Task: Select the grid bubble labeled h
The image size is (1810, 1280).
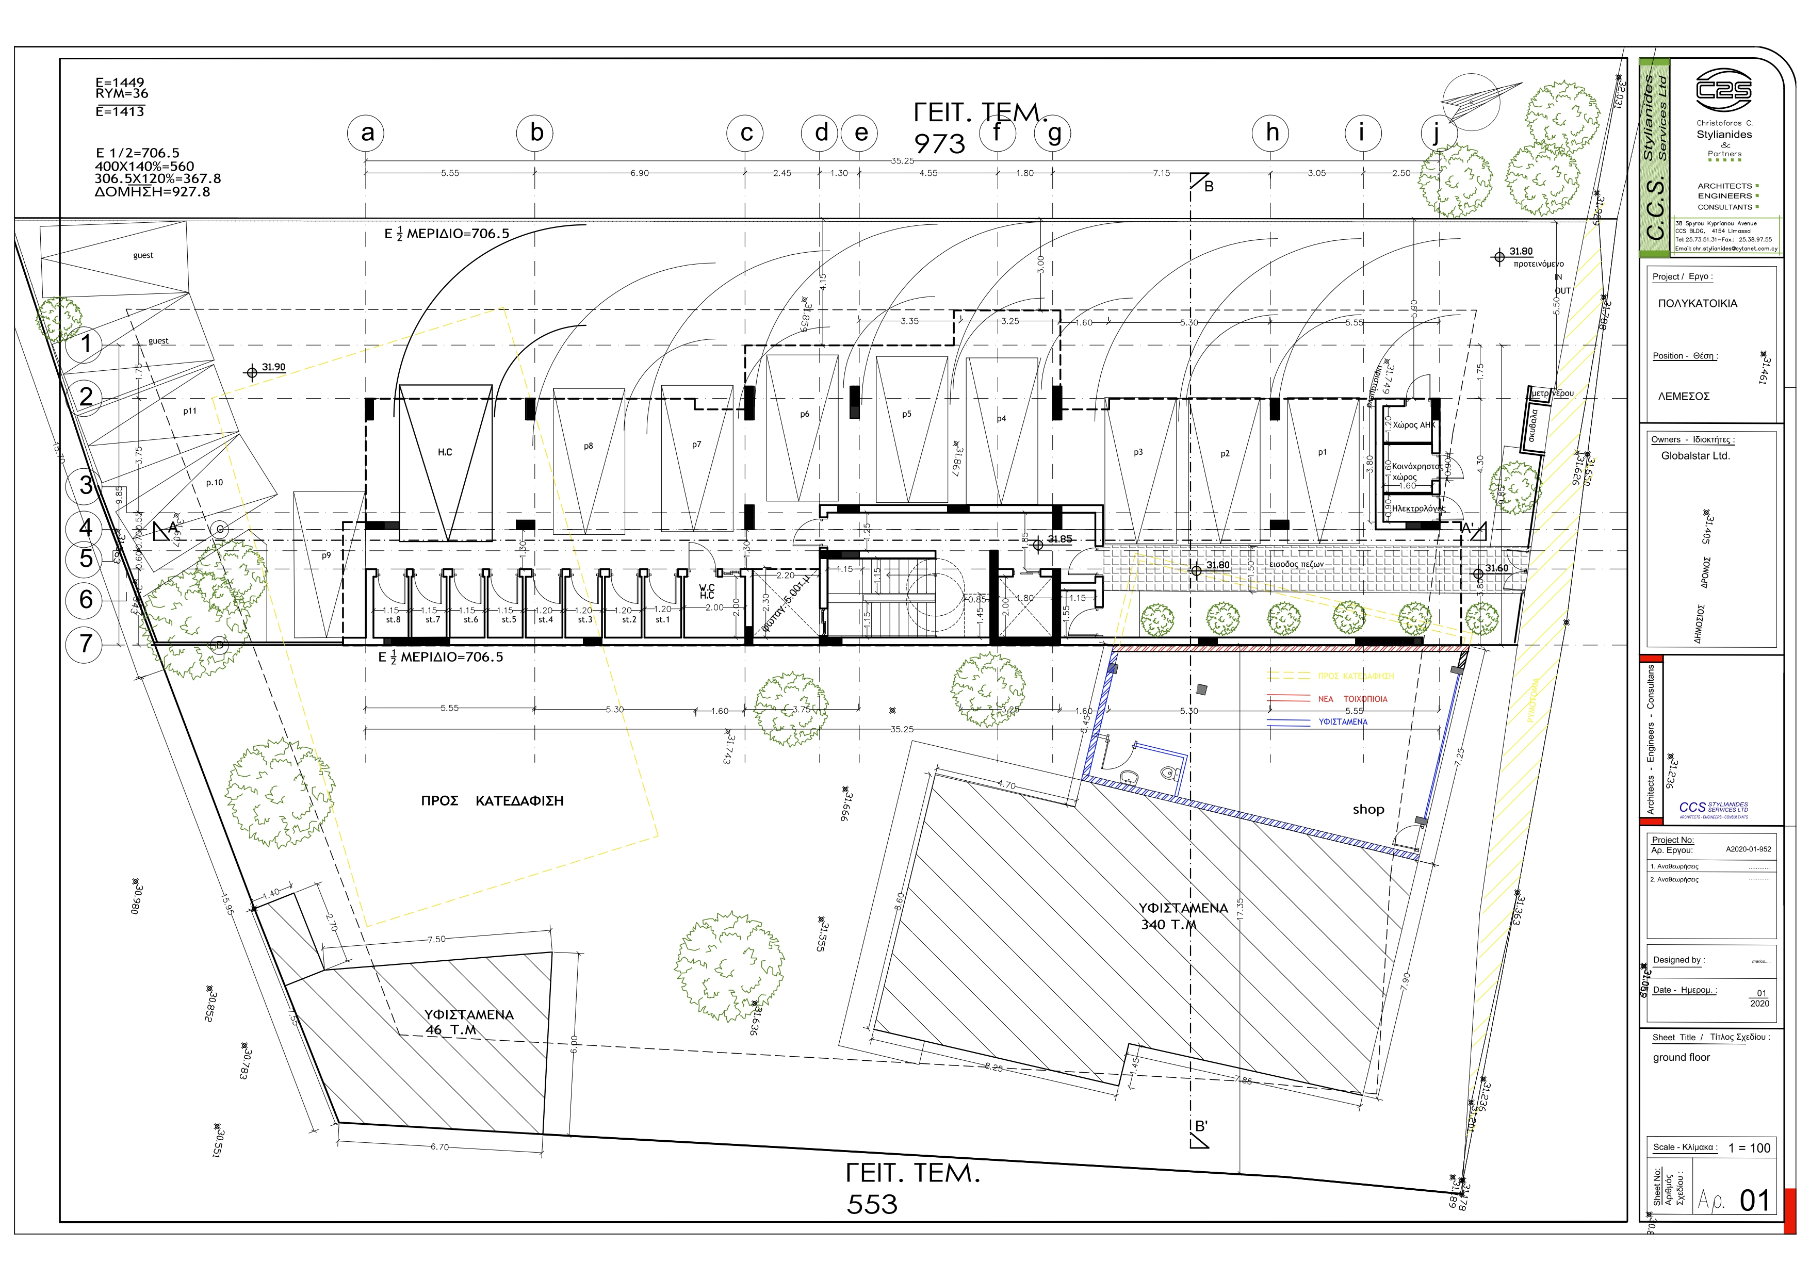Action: [1271, 133]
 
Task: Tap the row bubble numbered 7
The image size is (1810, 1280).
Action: [85, 644]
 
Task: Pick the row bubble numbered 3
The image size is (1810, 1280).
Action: [85, 485]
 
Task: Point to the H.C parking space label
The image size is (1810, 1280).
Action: [445, 452]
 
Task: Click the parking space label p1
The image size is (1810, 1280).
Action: [1322, 452]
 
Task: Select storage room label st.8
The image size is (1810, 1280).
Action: [393, 619]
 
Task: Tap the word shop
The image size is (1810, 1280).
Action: [1368, 810]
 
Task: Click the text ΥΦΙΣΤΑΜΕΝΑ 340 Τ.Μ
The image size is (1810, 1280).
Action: [1182, 916]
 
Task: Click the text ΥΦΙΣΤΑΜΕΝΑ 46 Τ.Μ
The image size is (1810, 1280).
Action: [468, 1022]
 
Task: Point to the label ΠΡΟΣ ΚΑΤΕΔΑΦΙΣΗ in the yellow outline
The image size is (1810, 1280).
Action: [492, 801]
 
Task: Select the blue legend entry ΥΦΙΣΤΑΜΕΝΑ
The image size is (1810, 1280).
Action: [1343, 722]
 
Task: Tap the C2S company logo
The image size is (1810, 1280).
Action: [1723, 91]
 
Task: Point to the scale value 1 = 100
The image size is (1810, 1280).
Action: [1749, 1148]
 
